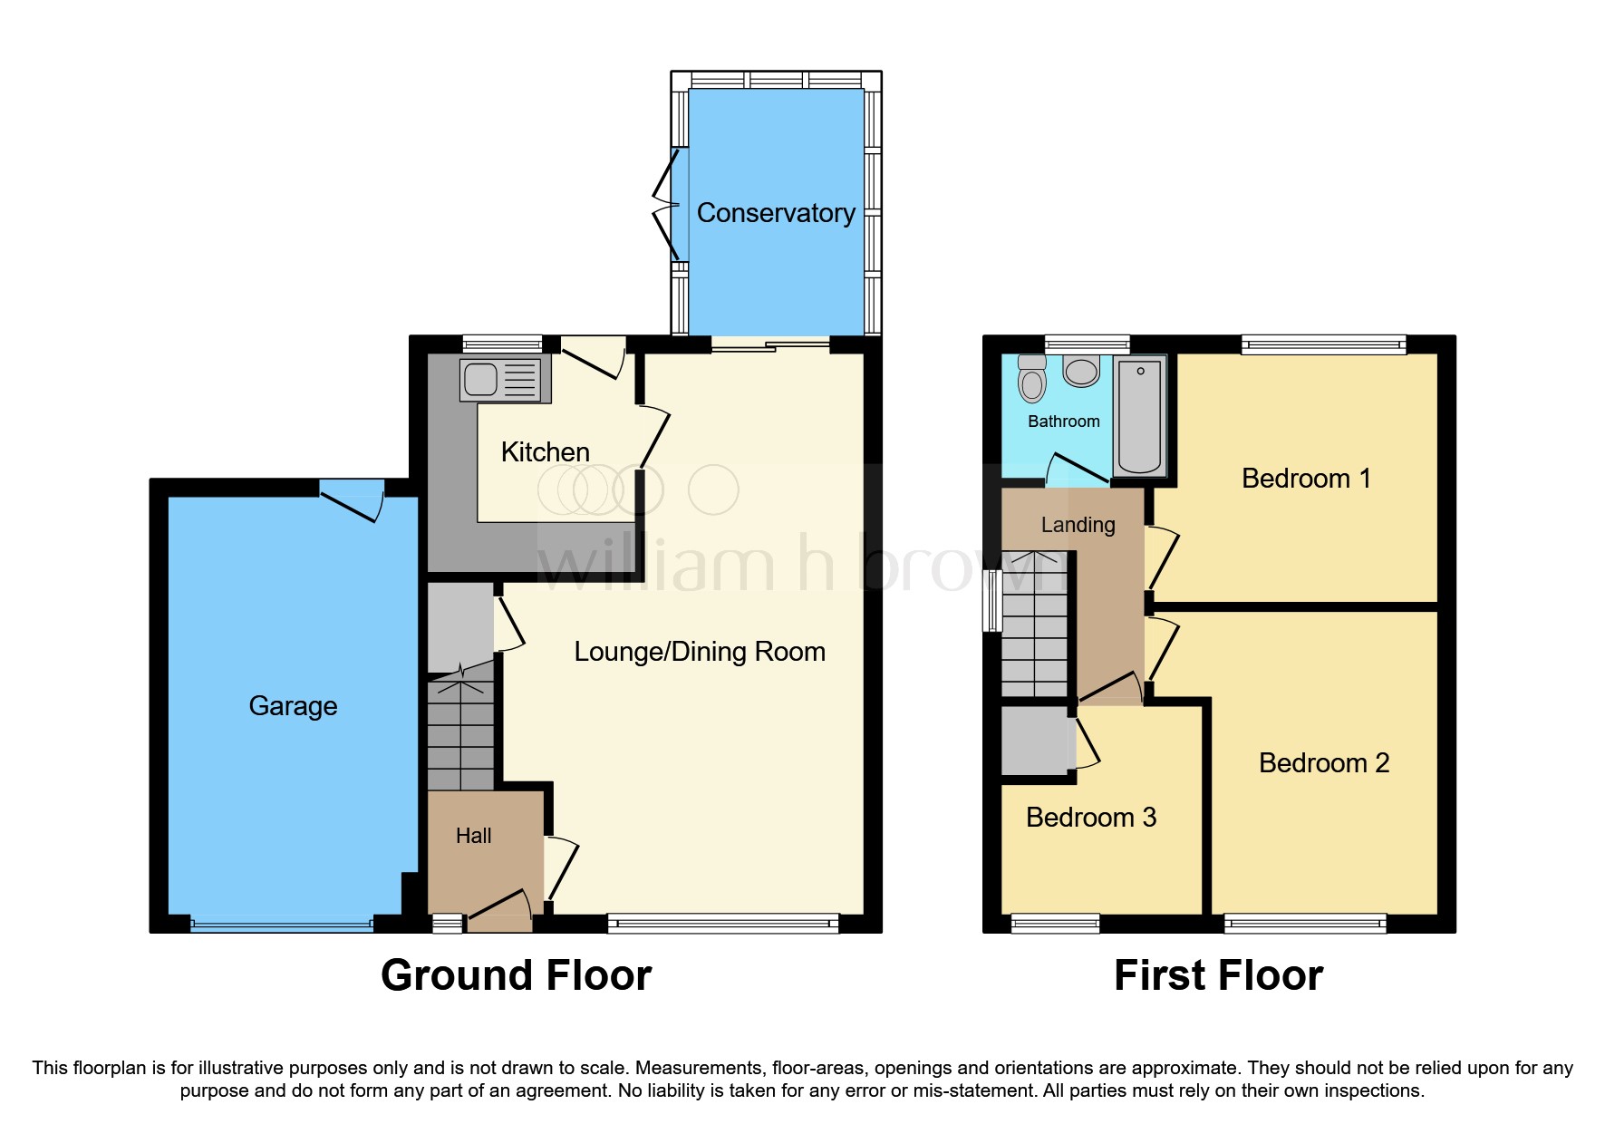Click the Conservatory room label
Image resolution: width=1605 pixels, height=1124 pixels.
coord(776,213)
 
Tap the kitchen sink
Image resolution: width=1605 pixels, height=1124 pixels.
coord(480,380)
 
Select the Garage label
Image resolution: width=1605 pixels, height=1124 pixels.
coord(293,706)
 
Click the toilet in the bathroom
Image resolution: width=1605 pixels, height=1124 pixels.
coord(1032,379)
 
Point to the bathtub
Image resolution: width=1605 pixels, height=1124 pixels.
coord(1139,415)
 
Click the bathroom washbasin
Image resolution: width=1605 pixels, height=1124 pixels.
coord(1081,371)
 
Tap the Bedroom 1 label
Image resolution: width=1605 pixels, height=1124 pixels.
coord(1305,479)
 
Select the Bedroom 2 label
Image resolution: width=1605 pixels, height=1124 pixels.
coord(1323,763)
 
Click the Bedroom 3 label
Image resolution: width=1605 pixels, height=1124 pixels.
coord(1090,818)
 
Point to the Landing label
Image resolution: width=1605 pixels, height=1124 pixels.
coord(1078,525)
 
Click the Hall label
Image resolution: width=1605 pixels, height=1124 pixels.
coord(473,836)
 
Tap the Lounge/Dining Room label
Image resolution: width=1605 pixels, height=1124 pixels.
coord(700,652)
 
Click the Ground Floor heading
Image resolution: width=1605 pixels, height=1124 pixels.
coord(516,975)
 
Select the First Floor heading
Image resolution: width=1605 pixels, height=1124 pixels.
coord(1218,975)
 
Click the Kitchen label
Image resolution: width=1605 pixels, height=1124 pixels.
coord(545,452)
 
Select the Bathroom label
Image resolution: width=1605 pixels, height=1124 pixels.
coord(1063,421)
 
